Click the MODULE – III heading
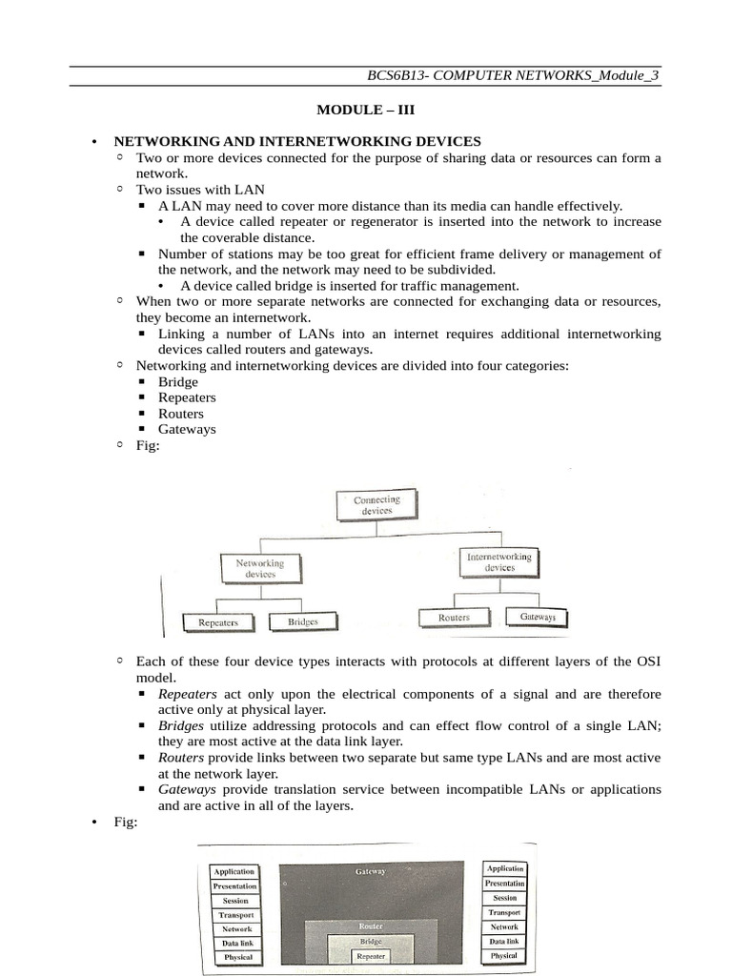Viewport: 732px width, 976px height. tap(367, 110)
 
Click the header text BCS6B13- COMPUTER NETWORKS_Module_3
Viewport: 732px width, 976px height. tap(513, 75)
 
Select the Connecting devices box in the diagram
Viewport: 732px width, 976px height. tap(376, 504)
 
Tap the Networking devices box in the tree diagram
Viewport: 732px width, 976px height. tap(259, 569)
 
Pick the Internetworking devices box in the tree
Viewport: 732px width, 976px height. tap(499, 561)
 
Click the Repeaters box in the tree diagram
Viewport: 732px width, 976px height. tap(218, 622)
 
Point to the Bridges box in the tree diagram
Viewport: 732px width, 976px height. tap(302, 621)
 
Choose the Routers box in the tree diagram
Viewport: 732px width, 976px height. tap(454, 618)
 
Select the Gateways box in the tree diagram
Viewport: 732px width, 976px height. tap(538, 617)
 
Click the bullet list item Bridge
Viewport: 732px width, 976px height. tap(178, 382)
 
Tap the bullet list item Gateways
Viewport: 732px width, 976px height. tap(187, 429)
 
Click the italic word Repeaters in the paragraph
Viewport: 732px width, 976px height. tap(188, 694)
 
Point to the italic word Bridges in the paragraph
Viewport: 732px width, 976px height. tap(181, 725)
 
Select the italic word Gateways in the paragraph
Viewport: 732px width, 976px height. tap(187, 789)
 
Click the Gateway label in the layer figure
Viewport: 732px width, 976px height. tap(370, 871)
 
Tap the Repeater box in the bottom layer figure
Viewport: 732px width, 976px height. tap(370, 955)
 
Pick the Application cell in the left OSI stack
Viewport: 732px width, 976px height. tap(234, 871)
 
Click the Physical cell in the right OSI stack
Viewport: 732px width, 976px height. tap(504, 955)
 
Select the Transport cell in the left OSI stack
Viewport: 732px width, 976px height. tap(234, 914)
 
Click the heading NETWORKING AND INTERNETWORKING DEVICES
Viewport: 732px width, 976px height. tap(297, 141)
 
